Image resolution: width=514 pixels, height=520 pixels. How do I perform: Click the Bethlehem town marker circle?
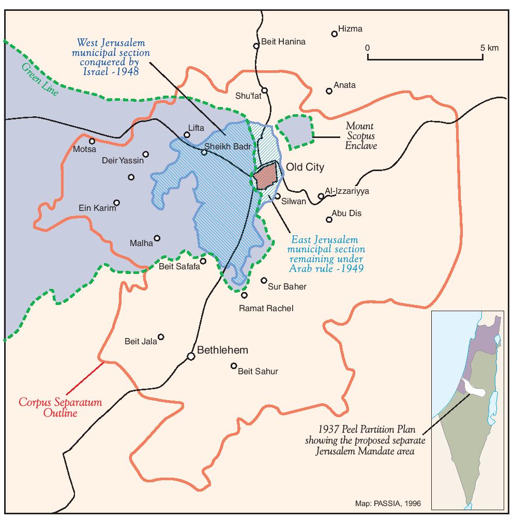tap(191, 356)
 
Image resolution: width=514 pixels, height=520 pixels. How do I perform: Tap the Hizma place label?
tap(350, 29)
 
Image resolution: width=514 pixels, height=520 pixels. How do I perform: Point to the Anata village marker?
tap(329, 91)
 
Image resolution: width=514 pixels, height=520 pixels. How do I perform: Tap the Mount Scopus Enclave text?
tap(360, 135)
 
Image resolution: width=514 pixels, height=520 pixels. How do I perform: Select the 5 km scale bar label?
tap(489, 48)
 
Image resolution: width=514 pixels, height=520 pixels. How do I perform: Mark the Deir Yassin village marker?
tap(146, 154)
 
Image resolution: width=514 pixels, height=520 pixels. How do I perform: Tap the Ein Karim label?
tap(97, 208)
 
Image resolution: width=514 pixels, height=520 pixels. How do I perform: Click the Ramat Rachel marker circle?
tap(245, 295)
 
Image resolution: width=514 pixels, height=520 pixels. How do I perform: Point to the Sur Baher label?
tap(288, 286)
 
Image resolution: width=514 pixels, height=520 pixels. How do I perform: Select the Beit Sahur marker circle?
tap(234, 366)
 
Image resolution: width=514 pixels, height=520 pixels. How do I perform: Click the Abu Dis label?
tap(347, 213)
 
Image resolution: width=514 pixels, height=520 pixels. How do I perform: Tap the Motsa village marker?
tap(92, 141)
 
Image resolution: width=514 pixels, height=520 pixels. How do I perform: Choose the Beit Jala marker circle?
tap(161, 337)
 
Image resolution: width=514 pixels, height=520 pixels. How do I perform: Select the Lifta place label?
tap(196, 128)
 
